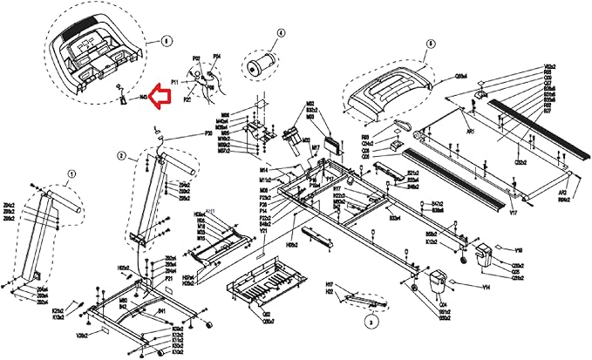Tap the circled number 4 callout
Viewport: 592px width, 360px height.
coord(281,34)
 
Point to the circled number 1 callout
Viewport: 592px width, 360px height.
coord(71,173)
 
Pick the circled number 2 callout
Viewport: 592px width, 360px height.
coord(122,156)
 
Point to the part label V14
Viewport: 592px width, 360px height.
coord(486,286)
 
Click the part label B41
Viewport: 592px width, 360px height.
coord(162,310)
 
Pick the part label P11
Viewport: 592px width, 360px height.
coord(174,80)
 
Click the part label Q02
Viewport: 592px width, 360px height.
coord(267,314)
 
